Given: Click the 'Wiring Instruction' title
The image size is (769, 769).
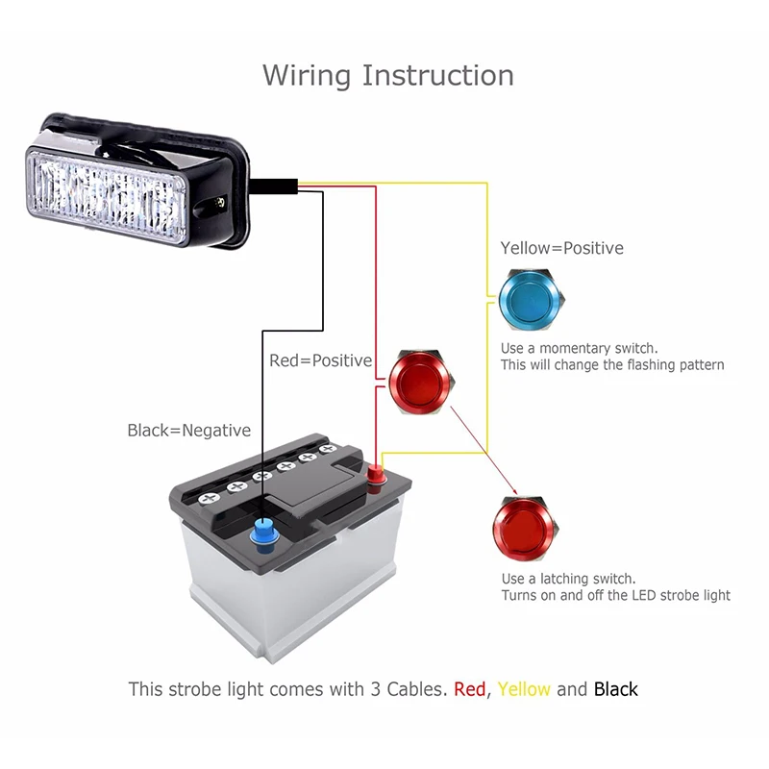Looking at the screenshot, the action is (x=388, y=76).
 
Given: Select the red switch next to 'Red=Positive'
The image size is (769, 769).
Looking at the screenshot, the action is (x=422, y=381).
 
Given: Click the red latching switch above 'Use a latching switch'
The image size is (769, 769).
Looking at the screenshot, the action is (x=526, y=528).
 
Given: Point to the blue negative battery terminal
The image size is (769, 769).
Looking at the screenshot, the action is (x=264, y=534).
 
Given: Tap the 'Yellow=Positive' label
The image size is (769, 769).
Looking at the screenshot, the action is (x=562, y=248).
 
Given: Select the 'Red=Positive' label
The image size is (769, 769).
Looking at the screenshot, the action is (x=321, y=360).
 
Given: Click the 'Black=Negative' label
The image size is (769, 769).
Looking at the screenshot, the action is (x=189, y=430).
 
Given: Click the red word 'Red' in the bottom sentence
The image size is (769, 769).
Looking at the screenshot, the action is (x=469, y=689).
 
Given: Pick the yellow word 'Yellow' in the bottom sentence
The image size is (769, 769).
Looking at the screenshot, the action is (x=524, y=689).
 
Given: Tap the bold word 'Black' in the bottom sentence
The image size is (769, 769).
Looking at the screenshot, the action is (x=615, y=689).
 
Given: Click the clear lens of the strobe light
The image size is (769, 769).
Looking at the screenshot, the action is (x=108, y=196).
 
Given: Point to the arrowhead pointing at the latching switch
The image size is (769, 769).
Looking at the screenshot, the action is (x=514, y=492).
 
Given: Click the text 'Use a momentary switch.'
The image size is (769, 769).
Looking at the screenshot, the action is (x=580, y=348).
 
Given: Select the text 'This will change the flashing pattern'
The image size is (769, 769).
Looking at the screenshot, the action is (x=612, y=365).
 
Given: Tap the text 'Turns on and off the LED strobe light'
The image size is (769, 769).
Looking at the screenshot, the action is (x=616, y=595).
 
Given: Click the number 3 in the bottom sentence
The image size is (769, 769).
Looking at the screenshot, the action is (x=376, y=689).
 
